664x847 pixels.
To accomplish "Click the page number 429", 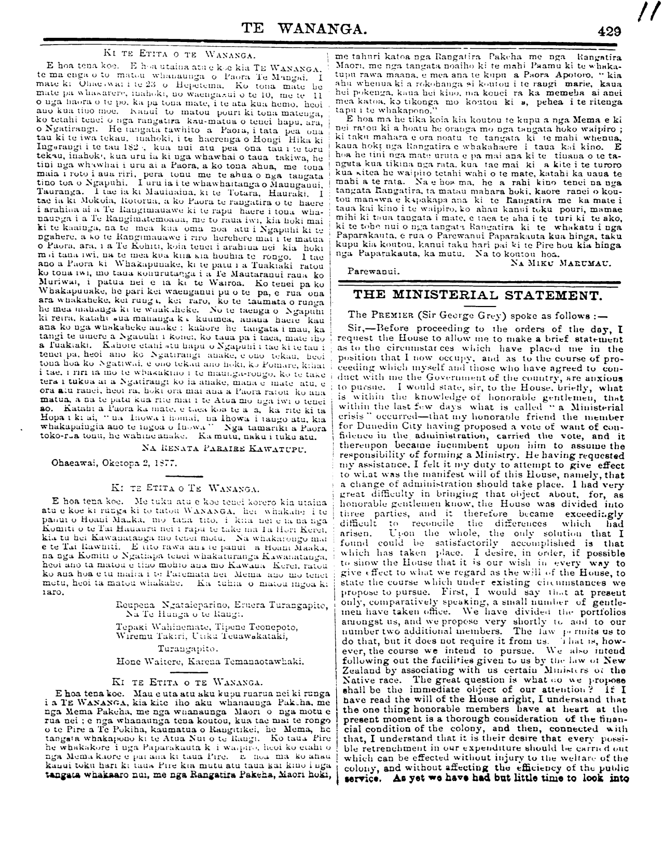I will pos(609,31).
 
